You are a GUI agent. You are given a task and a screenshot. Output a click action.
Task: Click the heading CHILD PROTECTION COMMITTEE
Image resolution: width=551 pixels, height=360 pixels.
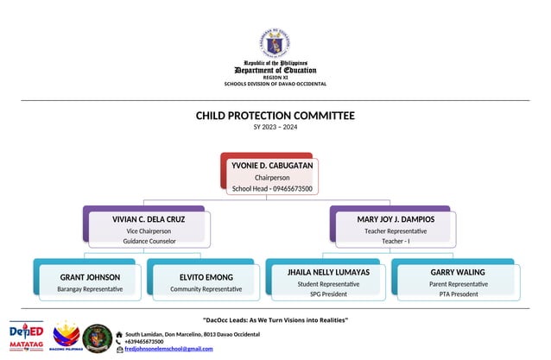click(275, 116)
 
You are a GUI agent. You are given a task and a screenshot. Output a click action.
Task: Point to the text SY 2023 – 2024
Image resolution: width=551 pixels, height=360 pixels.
click(275, 128)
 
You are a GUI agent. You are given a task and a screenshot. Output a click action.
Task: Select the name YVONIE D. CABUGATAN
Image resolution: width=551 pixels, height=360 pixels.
click(272, 165)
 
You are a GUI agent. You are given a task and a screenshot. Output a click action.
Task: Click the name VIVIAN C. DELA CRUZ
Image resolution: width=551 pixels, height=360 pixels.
click(149, 219)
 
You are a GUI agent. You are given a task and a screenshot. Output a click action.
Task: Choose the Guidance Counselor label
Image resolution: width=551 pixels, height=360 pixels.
click(149, 242)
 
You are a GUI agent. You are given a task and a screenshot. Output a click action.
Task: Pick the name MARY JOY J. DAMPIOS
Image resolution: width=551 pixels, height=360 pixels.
click(396, 219)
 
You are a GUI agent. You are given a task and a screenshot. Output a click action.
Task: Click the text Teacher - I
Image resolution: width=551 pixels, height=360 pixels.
click(396, 242)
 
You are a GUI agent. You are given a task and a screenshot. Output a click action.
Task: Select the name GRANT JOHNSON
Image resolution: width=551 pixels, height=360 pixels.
click(90, 277)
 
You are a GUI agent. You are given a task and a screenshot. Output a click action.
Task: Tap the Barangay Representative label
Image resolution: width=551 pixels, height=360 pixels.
click(90, 288)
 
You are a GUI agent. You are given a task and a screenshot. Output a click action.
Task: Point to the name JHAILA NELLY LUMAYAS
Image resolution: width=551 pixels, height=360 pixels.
click(328, 272)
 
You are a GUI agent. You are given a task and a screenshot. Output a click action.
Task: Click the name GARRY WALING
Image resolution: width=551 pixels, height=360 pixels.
click(458, 272)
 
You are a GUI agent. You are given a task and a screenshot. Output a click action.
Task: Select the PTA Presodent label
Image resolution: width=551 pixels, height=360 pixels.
click(458, 294)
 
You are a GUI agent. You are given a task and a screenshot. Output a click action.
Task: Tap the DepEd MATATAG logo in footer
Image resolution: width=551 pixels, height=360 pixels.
click(26, 337)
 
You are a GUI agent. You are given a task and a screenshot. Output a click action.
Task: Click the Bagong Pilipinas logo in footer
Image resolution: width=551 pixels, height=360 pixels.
click(66, 337)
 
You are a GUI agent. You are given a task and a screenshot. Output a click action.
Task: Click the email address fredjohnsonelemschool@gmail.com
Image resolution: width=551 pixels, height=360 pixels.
click(168, 348)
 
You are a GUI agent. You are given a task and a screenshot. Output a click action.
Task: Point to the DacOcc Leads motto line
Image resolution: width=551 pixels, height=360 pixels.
click(275, 320)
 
